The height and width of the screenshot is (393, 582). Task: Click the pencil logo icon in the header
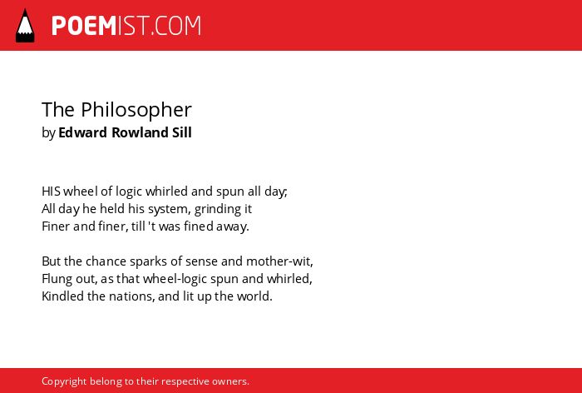pos(25,25)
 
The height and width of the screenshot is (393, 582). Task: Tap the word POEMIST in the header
pos(100,26)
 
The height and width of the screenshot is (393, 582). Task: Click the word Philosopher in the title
pos(136,110)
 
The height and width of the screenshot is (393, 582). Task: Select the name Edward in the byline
pos(83,132)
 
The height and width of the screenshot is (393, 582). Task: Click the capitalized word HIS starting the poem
pos(51,192)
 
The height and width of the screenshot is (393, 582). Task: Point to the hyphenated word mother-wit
pos(279,261)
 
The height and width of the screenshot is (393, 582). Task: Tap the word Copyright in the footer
pos(64,381)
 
